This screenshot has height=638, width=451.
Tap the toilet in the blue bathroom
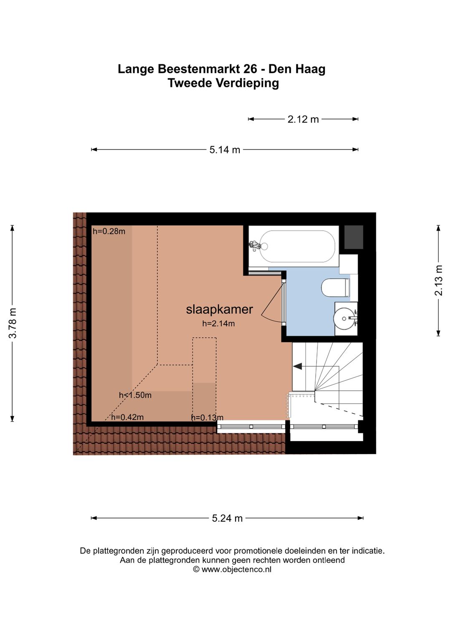336,288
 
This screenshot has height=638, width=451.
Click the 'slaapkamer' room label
220,309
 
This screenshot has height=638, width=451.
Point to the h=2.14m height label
218,323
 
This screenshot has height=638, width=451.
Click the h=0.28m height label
109,231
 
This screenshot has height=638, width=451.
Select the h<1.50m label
135,395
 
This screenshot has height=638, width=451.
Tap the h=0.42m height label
127,417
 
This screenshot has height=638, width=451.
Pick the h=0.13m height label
207,417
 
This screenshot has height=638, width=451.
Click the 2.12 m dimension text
303,119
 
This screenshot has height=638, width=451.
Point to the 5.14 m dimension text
225,150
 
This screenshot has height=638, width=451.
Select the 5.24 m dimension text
227,518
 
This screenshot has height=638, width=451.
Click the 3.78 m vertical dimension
13,323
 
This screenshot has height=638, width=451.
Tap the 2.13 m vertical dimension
439,280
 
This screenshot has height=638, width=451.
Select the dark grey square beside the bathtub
354,237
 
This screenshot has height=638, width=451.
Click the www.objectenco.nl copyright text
232,569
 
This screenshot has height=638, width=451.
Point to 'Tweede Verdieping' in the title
223,83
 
